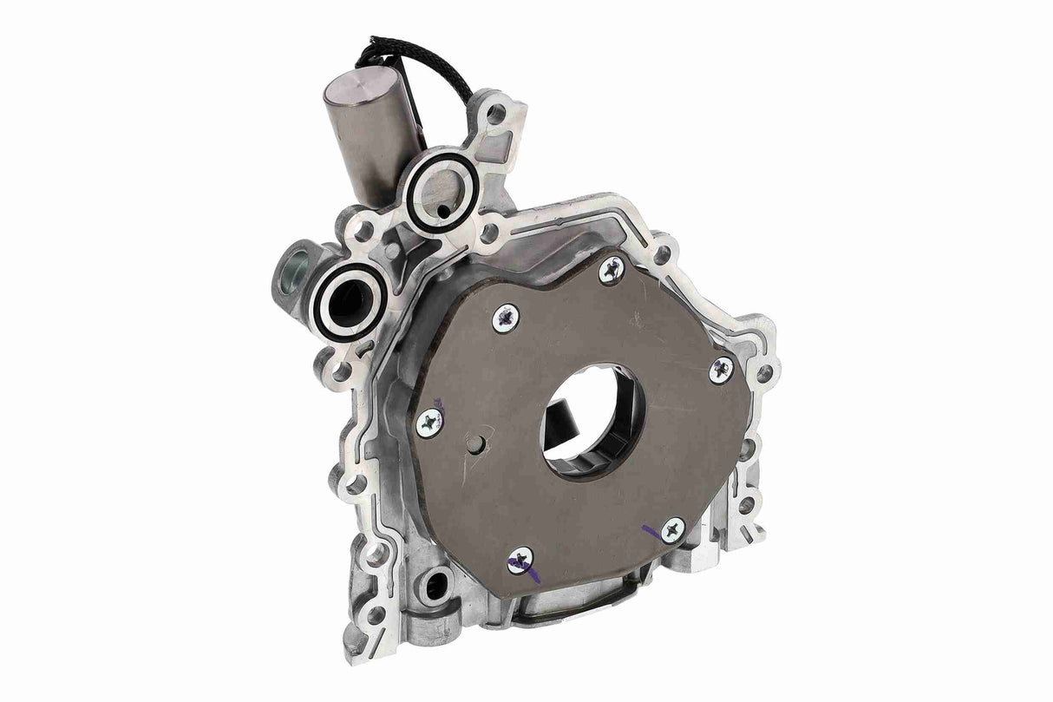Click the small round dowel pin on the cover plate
click(x=474, y=444)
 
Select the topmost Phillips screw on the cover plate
click(x=611, y=271)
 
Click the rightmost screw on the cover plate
click(x=721, y=370)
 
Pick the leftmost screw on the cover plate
click(x=428, y=423)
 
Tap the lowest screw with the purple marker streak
click(x=520, y=561)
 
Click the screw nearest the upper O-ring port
click(x=506, y=318)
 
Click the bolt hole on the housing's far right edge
click(x=765, y=373)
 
